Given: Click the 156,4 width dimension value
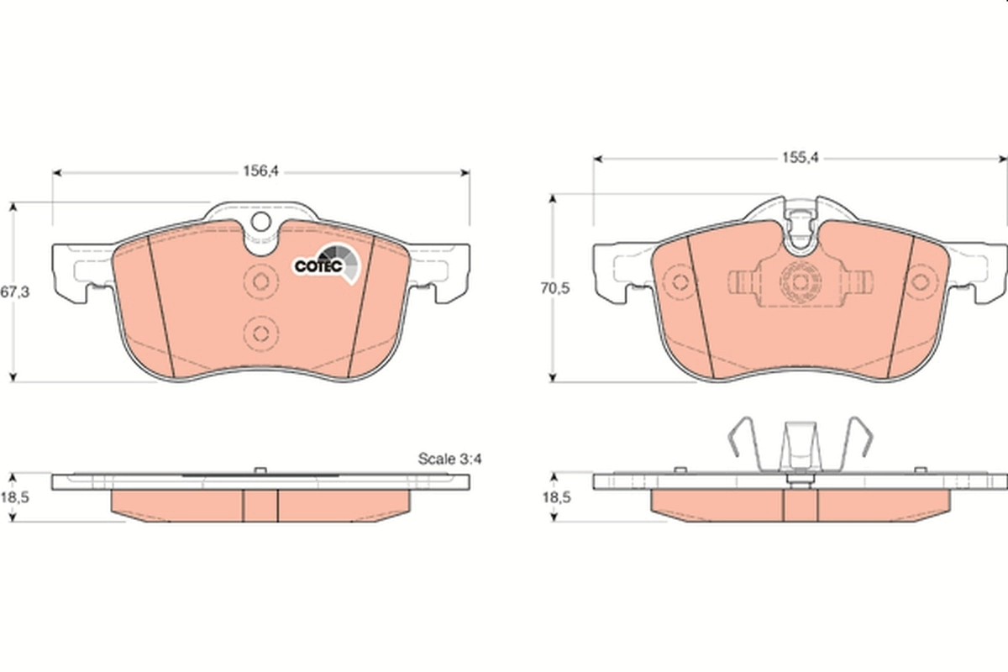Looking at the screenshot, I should pyautogui.click(x=260, y=171).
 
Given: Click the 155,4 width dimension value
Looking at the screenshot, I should pyautogui.click(x=801, y=156).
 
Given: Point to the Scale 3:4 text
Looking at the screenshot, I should pyautogui.click(x=454, y=459).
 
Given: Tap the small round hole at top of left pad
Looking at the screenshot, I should pyautogui.click(x=260, y=222).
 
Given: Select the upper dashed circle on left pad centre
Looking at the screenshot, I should pyautogui.click(x=259, y=281).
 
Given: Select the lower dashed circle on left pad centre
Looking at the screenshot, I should pyautogui.click(x=259, y=330).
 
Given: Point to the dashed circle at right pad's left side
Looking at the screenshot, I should pyautogui.click(x=679, y=281).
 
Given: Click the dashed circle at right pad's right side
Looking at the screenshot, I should pyautogui.click(x=922, y=281).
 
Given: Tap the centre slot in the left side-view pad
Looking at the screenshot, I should pyautogui.click(x=260, y=504).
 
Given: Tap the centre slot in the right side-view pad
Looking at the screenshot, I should pyautogui.click(x=800, y=504).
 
